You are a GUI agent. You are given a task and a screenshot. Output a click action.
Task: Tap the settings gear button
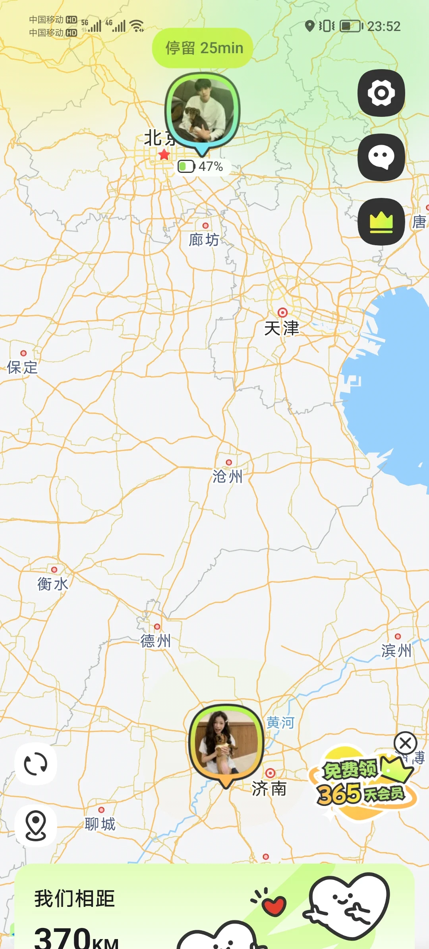[381, 93]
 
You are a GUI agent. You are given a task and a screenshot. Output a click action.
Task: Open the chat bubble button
[381, 157]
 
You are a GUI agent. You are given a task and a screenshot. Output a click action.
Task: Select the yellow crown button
[381, 221]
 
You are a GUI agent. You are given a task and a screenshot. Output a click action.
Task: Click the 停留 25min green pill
[203, 48]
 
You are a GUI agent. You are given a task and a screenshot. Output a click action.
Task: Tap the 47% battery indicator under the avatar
[201, 166]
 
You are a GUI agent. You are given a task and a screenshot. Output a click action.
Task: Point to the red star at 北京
[164, 155]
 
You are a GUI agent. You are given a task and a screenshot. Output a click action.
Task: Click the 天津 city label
[281, 328]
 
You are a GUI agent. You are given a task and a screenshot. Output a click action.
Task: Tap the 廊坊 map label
[204, 240]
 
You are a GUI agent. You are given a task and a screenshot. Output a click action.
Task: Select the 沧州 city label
[227, 476]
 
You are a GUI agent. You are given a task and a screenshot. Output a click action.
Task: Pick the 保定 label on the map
[22, 368]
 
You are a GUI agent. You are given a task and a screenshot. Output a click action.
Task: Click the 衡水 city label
[52, 584]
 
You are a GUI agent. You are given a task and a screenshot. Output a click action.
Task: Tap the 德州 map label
[155, 641]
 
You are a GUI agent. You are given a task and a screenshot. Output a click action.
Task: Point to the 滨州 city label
[396, 651]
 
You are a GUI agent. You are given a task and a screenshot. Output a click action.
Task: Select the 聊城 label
[100, 824]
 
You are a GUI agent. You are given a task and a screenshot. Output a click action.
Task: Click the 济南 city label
[269, 788]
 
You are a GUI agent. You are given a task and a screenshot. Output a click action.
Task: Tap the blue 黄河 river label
[280, 722]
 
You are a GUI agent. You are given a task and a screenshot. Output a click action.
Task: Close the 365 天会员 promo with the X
[405, 743]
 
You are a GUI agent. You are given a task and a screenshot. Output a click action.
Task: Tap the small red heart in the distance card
[274, 905]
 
